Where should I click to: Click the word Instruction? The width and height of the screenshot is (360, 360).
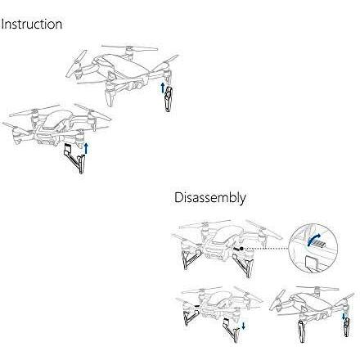(32, 24)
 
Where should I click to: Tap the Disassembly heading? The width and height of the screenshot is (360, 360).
(210, 198)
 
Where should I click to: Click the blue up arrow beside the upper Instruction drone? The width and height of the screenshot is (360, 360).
(163, 87)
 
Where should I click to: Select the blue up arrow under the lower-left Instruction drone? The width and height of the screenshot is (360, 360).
(86, 147)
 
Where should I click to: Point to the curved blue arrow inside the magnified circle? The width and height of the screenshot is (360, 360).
(313, 238)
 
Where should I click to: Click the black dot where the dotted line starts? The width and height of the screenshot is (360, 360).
(241, 249)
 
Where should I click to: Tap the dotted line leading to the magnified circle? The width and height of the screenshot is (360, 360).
(266, 249)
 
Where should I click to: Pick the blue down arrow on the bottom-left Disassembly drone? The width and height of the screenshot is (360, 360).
(243, 324)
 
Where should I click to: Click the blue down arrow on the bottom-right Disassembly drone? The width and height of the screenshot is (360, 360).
(344, 317)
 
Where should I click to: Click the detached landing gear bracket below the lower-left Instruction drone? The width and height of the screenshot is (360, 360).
(74, 158)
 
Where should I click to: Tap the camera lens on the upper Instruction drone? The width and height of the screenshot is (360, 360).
(139, 85)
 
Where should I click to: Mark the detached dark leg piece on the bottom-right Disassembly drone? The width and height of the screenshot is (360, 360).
(347, 328)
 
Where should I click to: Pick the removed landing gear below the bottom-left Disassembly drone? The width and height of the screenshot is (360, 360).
(232, 330)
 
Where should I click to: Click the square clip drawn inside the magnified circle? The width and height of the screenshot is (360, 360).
(311, 263)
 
